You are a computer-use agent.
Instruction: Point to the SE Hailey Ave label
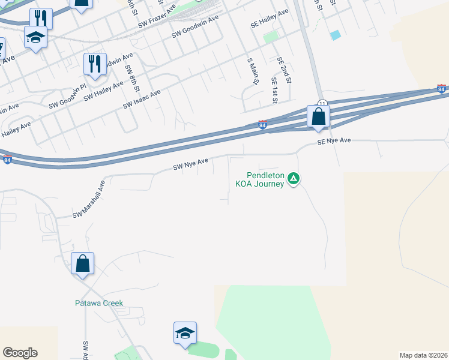tap(270, 20)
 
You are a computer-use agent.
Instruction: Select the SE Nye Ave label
tap(333, 140)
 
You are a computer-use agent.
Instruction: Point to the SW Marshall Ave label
tap(89, 199)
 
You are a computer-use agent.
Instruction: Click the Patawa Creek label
tap(99, 303)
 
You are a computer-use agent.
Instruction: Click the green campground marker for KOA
tap(294, 178)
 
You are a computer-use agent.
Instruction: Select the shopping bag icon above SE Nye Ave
tap(318, 116)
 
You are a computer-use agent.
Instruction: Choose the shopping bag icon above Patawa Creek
tap(82, 263)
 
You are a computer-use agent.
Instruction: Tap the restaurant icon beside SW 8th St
tap(94, 64)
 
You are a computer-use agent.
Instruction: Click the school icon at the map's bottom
tap(185, 333)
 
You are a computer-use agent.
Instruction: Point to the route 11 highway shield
tap(322, 103)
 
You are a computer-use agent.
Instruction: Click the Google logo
tap(20, 353)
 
